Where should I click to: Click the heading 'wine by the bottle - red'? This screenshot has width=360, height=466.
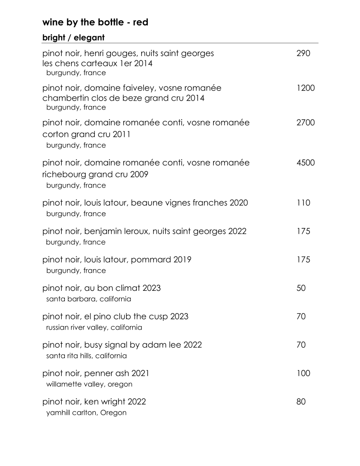(95, 22)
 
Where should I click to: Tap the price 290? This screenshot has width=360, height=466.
(304, 54)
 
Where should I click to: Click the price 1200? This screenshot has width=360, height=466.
(306, 88)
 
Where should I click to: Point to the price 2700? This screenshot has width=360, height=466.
(306, 123)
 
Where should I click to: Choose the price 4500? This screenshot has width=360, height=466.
(306, 163)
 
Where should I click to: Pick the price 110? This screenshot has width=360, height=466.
(304, 203)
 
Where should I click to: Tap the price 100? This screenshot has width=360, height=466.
(304, 373)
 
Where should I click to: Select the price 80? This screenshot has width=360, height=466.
(301, 402)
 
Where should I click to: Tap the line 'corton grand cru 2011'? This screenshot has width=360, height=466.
(86, 134)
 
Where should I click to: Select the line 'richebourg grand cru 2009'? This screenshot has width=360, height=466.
(95, 174)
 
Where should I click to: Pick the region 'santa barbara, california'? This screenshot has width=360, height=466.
(88, 299)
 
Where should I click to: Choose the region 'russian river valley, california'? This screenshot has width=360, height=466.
(94, 327)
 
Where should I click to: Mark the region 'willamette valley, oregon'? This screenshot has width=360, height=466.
(89, 384)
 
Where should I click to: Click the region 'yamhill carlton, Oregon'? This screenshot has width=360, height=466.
(86, 413)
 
